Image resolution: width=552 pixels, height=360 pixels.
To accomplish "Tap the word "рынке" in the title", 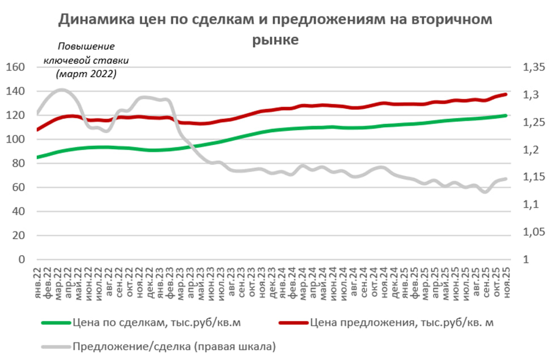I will pyautogui.click(x=275, y=40).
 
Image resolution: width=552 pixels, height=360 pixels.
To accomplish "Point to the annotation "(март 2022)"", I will pyautogui.click(x=86, y=74).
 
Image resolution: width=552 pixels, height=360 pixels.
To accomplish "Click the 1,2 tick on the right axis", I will pyautogui.click(x=530, y=150).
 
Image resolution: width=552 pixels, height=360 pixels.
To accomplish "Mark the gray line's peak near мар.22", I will pyautogui.click(x=61, y=90).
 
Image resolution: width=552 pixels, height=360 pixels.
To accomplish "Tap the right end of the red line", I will pyautogui.click(x=506, y=94).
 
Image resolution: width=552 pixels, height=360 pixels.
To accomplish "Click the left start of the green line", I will pyautogui.click(x=38, y=157).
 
